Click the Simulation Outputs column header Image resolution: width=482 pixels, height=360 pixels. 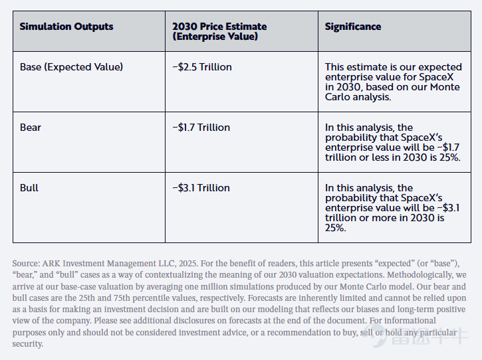pyautogui.click(x=66, y=27)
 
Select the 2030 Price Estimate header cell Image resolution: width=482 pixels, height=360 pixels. pyautogui.click(x=219, y=31)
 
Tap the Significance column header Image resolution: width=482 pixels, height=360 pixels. pyautogui.click(x=353, y=27)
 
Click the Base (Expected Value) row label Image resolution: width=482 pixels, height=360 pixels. pyautogui.click(x=71, y=67)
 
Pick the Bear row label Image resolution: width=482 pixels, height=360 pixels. pyautogui.click(x=30, y=128)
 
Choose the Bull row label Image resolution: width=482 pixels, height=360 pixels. pyautogui.click(x=29, y=188)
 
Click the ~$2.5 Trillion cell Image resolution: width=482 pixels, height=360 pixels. pyautogui.click(x=202, y=67)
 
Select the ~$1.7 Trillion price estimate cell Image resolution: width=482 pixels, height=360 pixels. pyautogui.click(x=201, y=128)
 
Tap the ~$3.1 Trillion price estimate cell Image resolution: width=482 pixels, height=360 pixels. pyautogui.click(x=201, y=188)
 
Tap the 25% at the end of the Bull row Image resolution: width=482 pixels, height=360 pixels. pyautogui.click(x=335, y=228)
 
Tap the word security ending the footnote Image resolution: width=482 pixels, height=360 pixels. pyautogui.click(x=28, y=344)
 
